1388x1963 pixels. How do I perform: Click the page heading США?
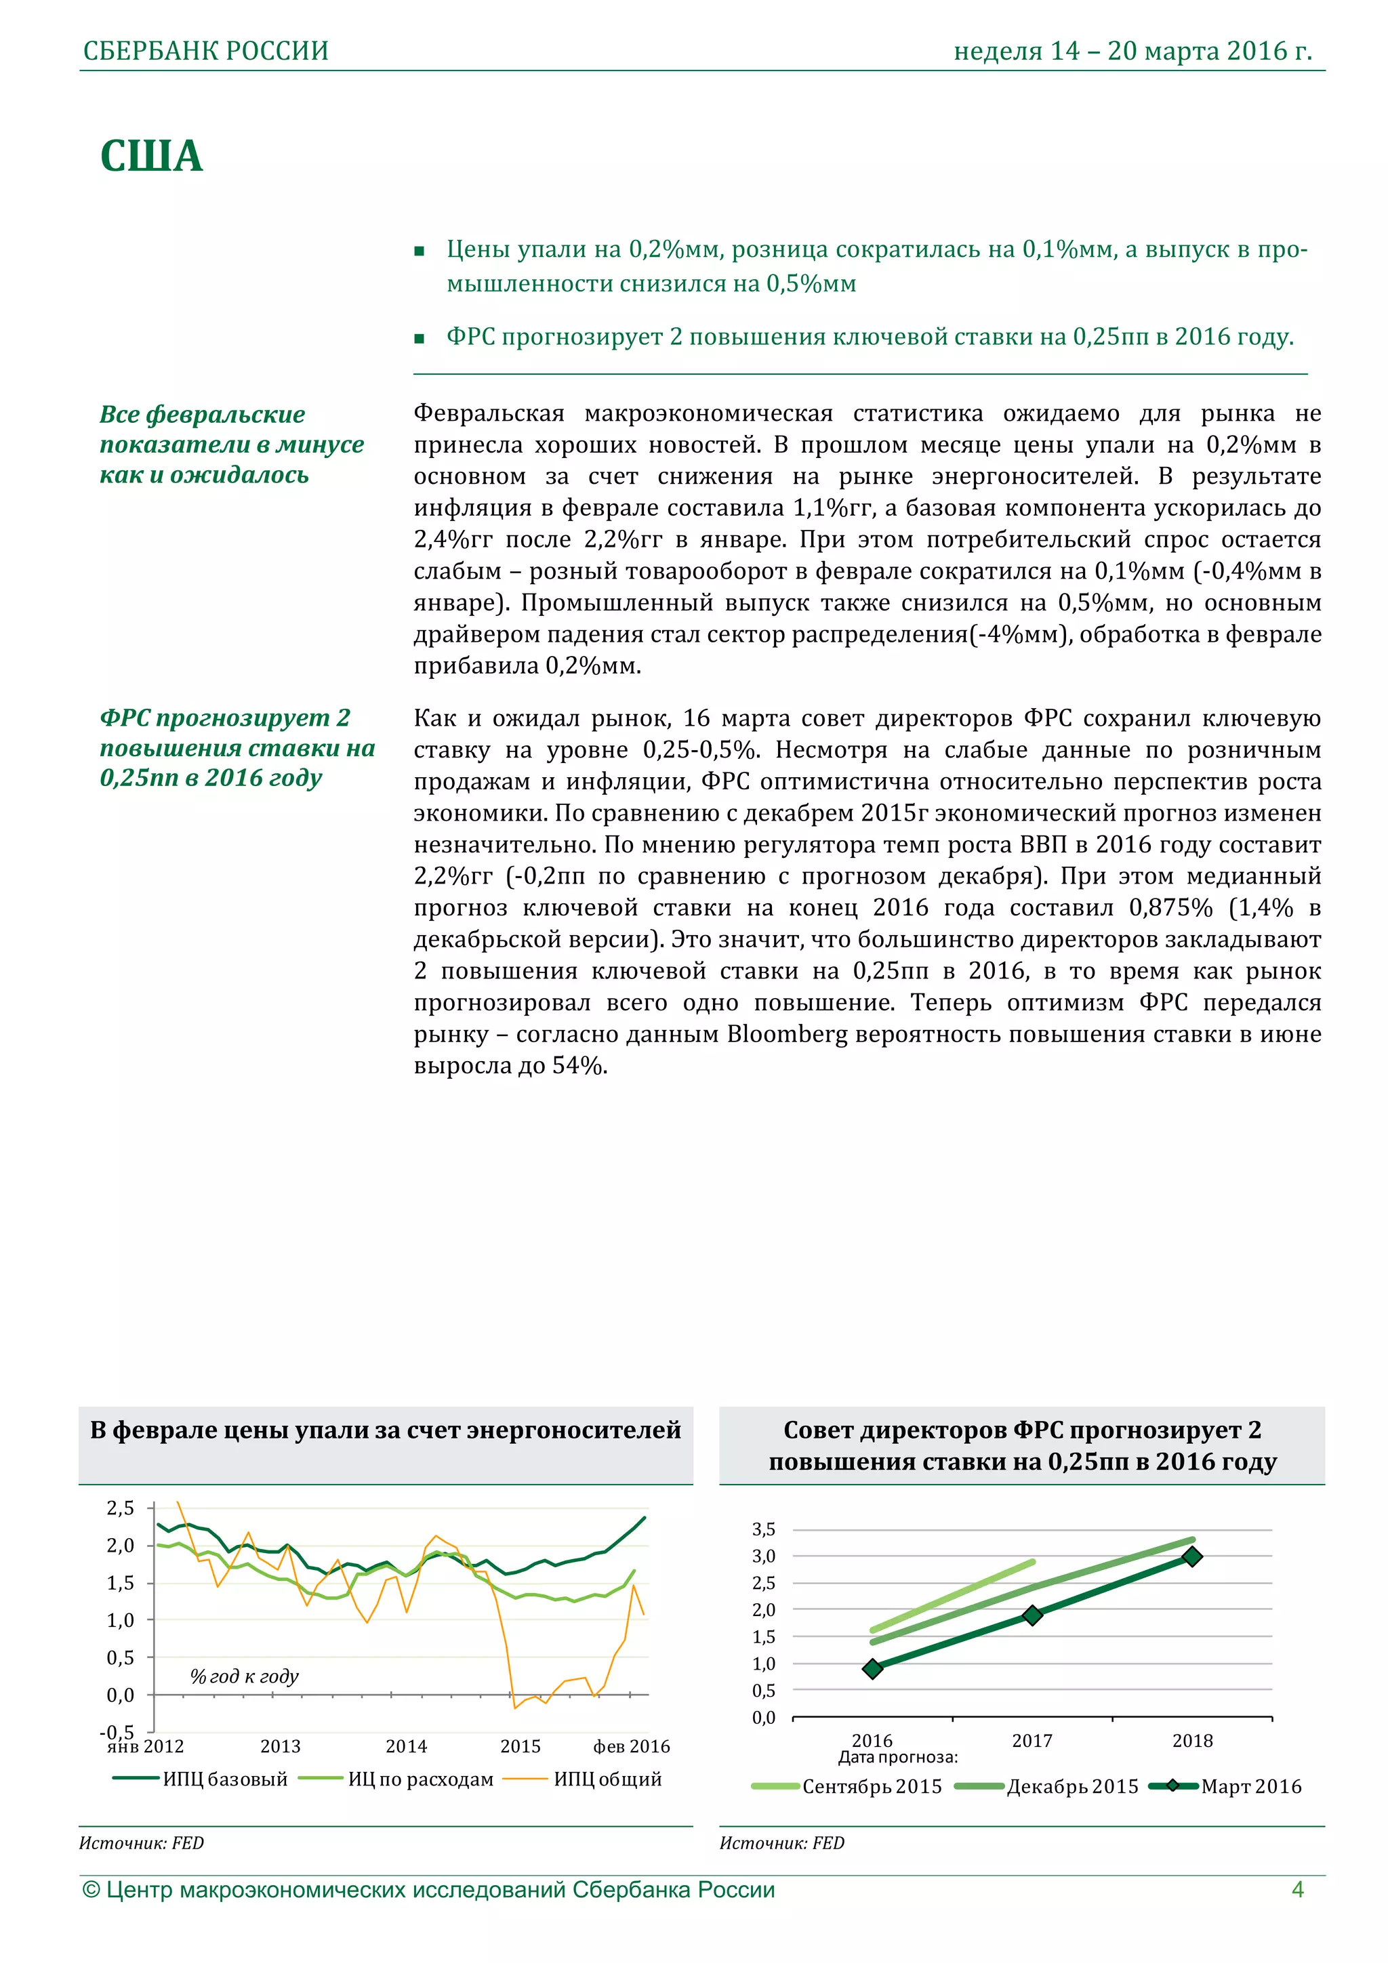(151, 157)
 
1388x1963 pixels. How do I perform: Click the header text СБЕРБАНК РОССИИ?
(205, 51)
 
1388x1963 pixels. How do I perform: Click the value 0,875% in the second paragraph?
(1170, 908)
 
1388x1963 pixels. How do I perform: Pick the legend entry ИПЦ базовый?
(225, 1779)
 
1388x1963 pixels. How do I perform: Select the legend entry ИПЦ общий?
(607, 1779)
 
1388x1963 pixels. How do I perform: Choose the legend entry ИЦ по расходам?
(420, 1779)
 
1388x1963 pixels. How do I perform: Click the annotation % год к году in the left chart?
(244, 1676)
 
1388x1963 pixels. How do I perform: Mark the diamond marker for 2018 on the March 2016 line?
(1191, 1557)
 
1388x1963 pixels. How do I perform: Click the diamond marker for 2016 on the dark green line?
(872, 1669)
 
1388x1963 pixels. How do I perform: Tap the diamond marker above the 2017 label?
(1032, 1615)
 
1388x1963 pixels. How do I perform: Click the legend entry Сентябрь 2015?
(871, 1787)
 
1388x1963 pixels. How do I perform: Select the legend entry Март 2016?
(1250, 1787)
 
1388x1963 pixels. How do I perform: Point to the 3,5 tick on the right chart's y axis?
(764, 1529)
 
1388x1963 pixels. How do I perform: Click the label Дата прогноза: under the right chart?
(897, 1758)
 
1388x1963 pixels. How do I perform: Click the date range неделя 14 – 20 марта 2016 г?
(1132, 51)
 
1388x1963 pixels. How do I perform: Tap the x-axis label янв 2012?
(146, 1747)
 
